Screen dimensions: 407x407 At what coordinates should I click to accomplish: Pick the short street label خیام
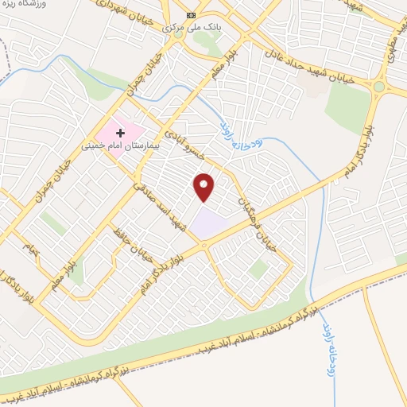click(x=32, y=248)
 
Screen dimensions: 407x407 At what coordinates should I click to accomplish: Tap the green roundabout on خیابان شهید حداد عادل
click(x=380, y=86)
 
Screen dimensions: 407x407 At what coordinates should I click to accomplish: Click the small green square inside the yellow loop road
click(x=76, y=276)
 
